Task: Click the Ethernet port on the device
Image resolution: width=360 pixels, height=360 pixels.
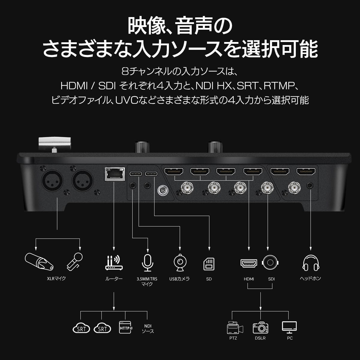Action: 115,174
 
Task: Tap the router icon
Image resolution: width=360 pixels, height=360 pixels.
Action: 114,263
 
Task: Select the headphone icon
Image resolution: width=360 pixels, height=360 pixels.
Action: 311,263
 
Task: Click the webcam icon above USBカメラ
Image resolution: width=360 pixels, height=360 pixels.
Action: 180,263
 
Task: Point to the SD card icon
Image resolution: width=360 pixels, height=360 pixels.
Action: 209,264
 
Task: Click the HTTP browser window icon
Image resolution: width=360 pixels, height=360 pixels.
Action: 126,327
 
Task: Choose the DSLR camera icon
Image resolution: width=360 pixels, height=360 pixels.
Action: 260,328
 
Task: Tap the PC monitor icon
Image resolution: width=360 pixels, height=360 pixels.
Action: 289,327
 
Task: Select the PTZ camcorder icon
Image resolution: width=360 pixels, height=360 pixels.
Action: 235,328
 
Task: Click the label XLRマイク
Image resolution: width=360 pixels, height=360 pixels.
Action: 56,278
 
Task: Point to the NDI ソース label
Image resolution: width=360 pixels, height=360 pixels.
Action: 148,328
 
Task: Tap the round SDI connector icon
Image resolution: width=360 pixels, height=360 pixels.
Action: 270,262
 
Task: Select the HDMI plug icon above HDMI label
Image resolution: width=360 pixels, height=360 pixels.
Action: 249,263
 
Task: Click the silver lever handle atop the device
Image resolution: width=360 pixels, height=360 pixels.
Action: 55,144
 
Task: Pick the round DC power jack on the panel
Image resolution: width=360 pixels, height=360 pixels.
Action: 163,191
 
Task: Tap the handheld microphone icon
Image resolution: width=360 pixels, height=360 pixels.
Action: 75,262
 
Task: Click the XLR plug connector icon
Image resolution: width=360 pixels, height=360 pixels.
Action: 39,261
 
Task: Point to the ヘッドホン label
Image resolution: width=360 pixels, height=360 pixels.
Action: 310,278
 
